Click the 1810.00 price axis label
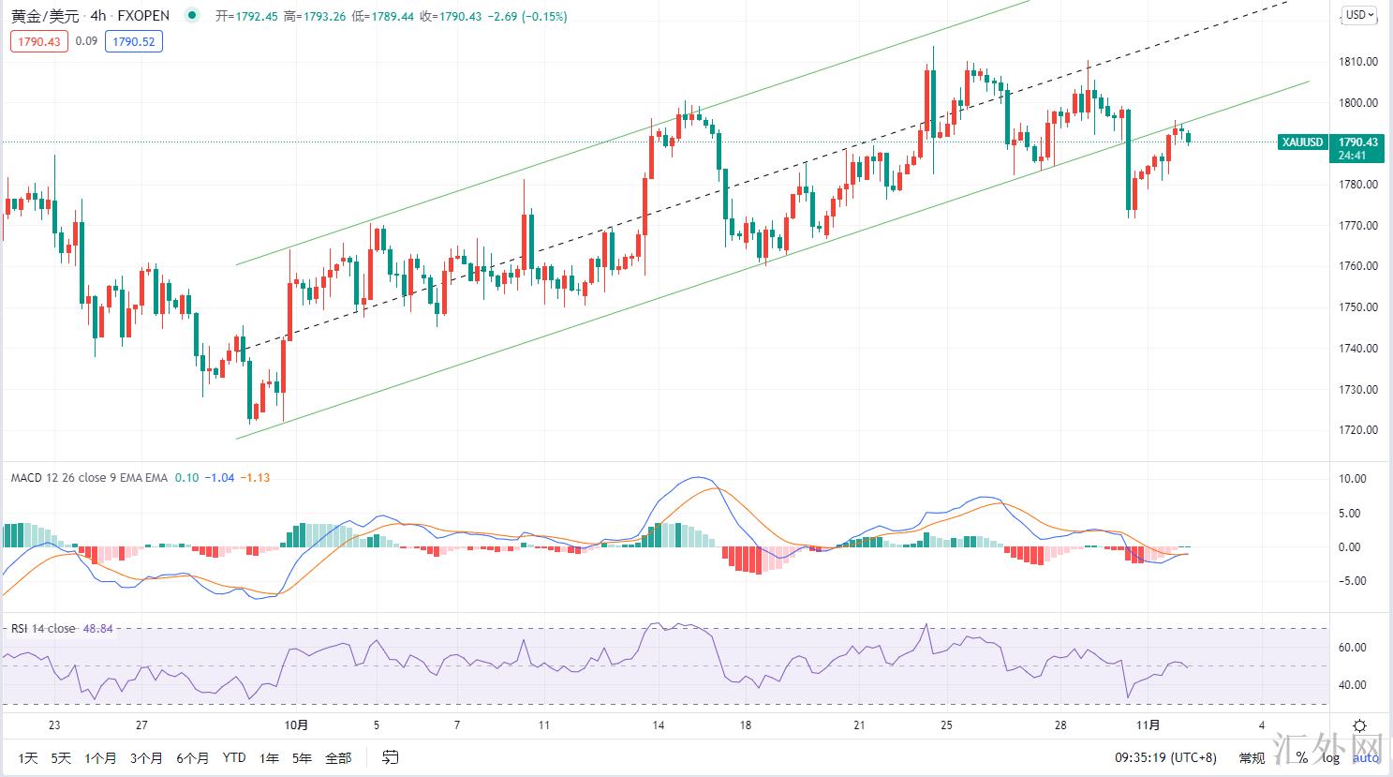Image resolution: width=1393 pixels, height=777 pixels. click(1357, 62)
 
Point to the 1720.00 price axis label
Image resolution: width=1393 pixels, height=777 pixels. click(1357, 430)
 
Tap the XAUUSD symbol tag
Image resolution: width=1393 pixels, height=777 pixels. click(1303, 142)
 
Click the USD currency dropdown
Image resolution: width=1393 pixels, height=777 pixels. click(1359, 15)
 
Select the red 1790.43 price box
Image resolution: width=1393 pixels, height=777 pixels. click(39, 41)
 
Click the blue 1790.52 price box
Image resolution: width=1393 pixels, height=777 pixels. click(133, 41)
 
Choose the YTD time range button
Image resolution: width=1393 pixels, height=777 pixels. click(234, 757)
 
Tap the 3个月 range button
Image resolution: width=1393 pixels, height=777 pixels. click(146, 757)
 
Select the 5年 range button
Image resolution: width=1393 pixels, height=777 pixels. click(302, 757)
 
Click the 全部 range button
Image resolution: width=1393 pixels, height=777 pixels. click(338, 757)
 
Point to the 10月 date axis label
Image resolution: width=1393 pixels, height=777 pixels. click(295, 725)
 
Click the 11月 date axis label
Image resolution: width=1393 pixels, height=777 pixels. click(1148, 725)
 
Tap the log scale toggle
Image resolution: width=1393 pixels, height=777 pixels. click(1330, 757)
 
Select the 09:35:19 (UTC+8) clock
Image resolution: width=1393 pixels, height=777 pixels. click(1164, 757)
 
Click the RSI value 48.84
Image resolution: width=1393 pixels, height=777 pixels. click(97, 628)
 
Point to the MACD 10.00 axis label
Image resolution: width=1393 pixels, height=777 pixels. click(1353, 479)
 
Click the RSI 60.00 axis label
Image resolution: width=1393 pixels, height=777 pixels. click(1353, 648)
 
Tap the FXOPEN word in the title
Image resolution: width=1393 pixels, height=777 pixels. click(143, 16)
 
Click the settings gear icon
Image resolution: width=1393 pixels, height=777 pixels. click(1359, 725)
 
